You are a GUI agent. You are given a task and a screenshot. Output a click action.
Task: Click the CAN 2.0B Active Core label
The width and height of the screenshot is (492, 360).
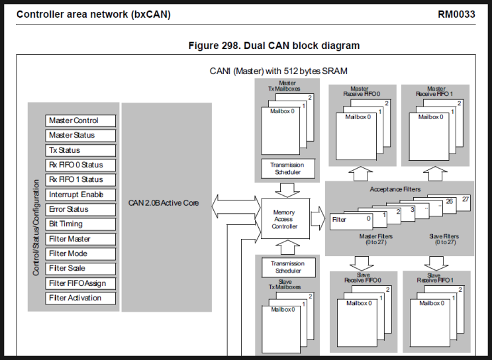[x=164, y=202]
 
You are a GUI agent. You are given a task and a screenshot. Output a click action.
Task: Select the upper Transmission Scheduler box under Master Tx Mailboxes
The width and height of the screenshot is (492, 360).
[x=285, y=168]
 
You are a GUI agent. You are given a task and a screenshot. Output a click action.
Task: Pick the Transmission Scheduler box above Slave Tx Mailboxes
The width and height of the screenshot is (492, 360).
[x=285, y=267]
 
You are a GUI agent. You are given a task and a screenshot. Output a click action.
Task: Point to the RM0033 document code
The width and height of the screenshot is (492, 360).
[x=456, y=14]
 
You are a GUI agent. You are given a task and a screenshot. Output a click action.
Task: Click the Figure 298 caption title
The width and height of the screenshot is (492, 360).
[x=274, y=46]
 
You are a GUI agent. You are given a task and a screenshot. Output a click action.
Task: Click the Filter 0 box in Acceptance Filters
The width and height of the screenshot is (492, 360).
[x=351, y=220]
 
